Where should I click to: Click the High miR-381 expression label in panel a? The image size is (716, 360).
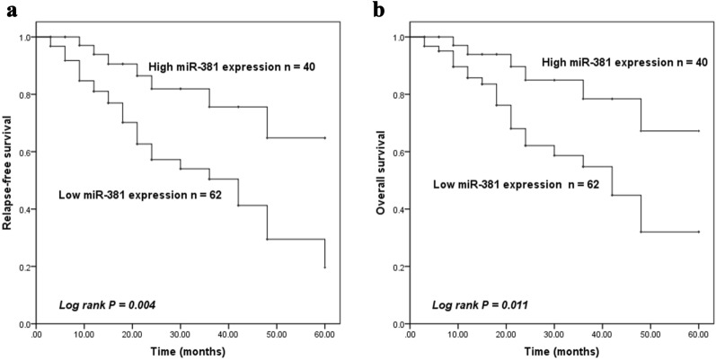[230, 67]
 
